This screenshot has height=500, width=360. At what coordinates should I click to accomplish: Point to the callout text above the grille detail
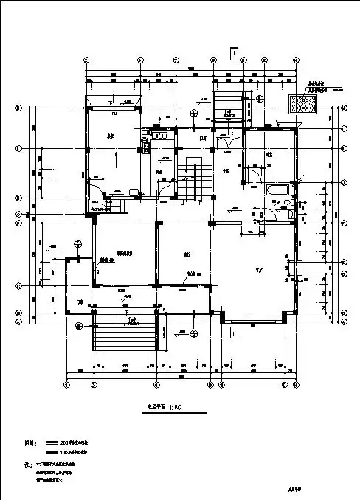(317, 87)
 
